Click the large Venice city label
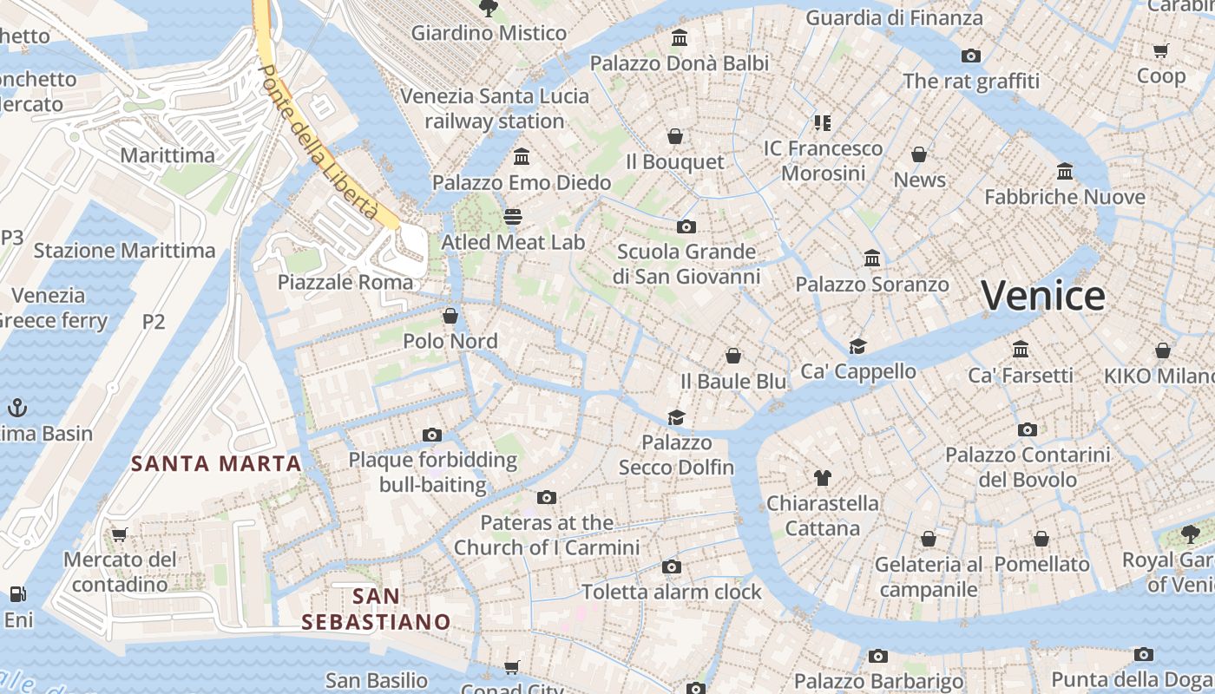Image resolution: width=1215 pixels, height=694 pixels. pyautogui.click(x=1043, y=296)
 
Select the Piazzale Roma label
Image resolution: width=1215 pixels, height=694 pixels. pyautogui.click(x=345, y=282)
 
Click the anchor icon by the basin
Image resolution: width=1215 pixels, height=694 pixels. pyautogui.click(x=16, y=407)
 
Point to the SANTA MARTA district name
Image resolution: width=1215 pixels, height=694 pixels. pyautogui.click(x=216, y=463)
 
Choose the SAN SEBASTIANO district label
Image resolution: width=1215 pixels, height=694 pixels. pyautogui.click(x=377, y=609)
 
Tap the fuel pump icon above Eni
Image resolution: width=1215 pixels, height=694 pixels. pyautogui.click(x=17, y=594)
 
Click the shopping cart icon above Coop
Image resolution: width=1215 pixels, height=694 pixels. pyautogui.click(x=1161, y=51)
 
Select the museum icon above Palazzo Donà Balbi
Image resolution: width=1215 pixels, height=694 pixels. pyautogui.click(x=680, y=38)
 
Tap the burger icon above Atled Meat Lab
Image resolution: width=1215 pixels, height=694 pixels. pyautogui.click(x=513, y=216)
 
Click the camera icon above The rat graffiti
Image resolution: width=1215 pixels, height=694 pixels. pyautogui.click(x=971, y=56)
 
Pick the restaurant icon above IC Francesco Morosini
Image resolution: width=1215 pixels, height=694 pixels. pyautogui.click(x=822, y=122)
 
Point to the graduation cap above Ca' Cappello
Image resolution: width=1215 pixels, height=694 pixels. pyautogui.click(x=858, y=346)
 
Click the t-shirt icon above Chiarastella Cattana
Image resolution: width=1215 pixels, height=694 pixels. pyautogui.click(x=823, y=477)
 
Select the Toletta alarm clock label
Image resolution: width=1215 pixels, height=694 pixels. pyautogui.click(x=672, y=592)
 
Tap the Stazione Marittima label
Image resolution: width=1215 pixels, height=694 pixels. pyautogui.click(x=124, y=251)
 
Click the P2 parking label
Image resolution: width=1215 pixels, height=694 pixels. pyautogui.click(x=154, y=322)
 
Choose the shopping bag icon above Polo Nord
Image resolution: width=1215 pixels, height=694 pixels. pyautogui.click(x=450, y=315)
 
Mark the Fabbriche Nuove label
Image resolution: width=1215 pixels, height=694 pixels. pyautogui.click(x=1065, y=197)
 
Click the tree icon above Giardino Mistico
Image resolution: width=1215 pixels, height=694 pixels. pyautogui.click(x=489, y=8)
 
